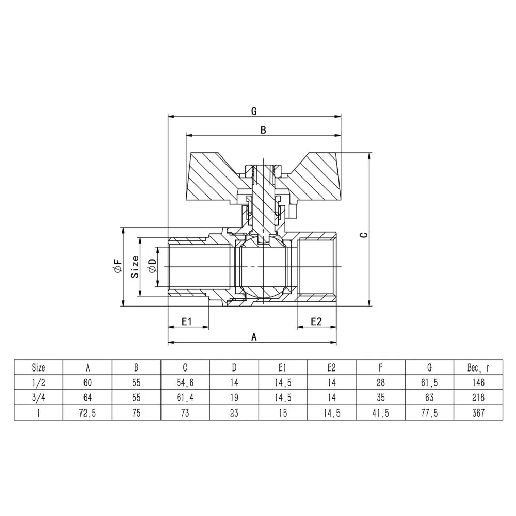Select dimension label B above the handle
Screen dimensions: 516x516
coord(263,131)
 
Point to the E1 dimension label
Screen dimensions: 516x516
coord(187,321)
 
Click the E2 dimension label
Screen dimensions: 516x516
coord(316,321)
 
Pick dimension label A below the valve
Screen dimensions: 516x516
coord(253,337)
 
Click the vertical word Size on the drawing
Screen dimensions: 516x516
coord(135,266)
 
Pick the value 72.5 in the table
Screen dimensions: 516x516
coord(88,413)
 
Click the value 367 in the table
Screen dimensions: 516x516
coord(477,413)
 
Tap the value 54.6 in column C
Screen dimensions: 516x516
coord(185,383)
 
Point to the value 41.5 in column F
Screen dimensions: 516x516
coord(380,413)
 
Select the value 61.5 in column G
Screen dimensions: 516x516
coord(429,383)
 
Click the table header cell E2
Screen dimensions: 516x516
coord(331,368)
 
